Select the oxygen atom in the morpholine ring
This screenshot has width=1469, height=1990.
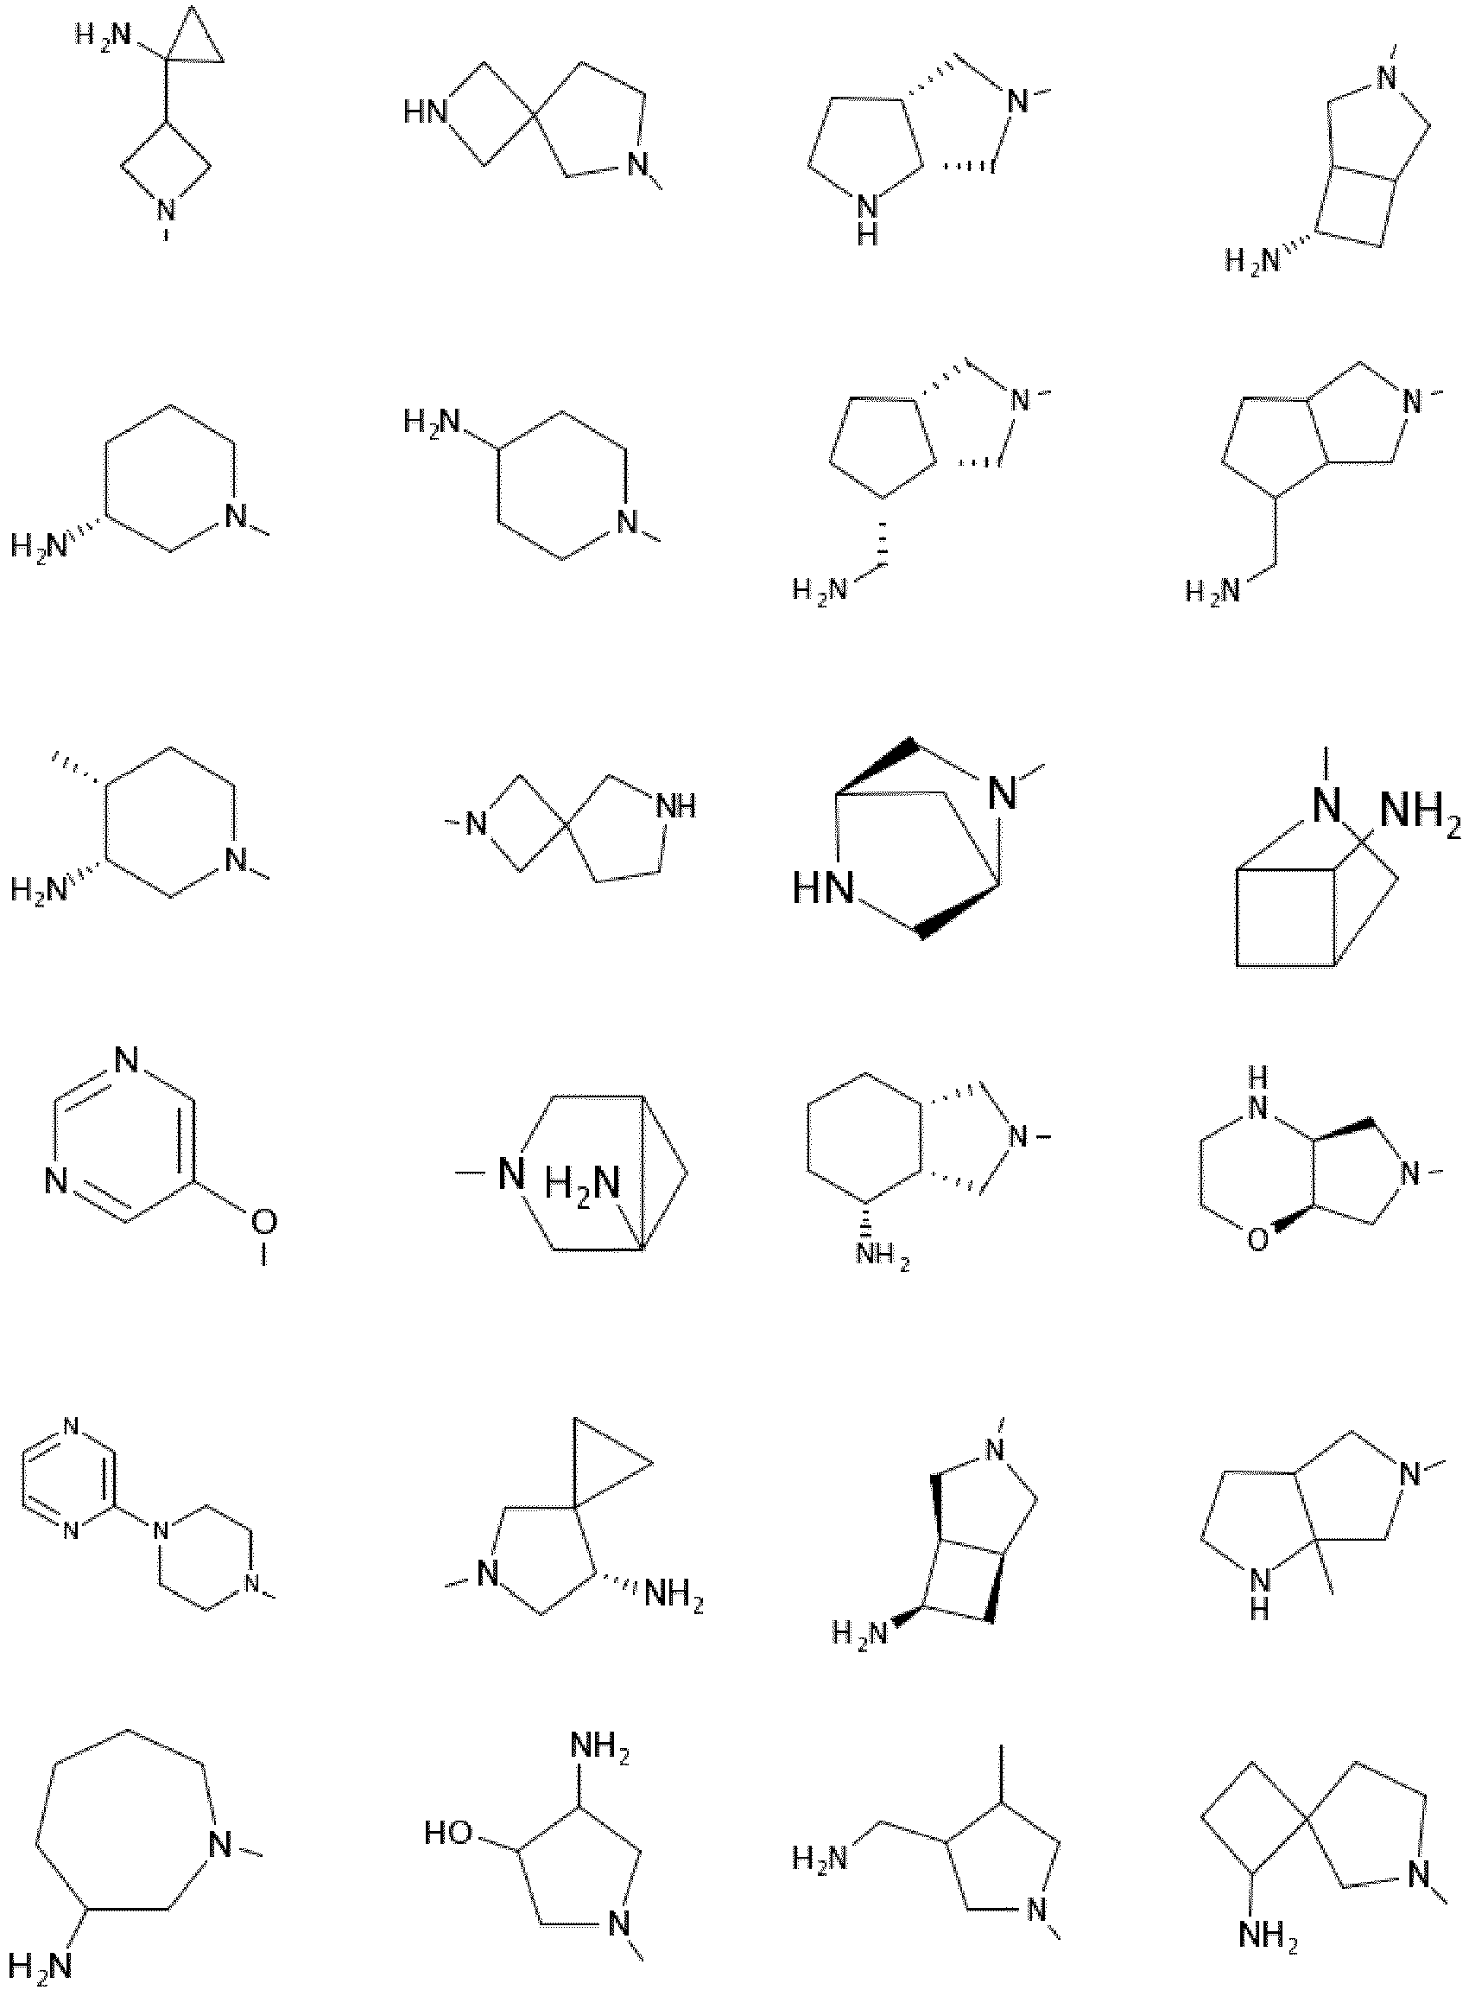1257,1239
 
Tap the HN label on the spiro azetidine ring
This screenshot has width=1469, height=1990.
426,113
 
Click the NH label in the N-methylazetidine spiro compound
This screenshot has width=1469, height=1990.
676,807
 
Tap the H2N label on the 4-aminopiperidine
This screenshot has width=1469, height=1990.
433,421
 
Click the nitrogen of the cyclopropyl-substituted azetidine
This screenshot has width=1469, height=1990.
167,211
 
